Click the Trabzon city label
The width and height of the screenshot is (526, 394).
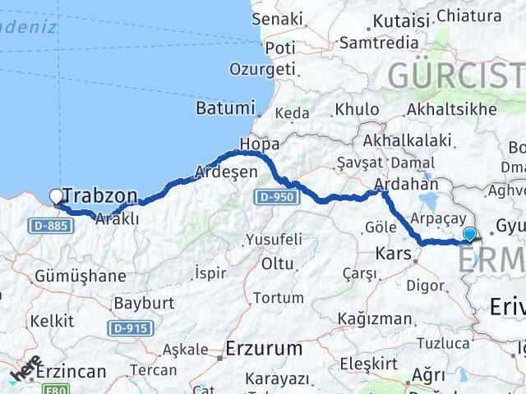100,195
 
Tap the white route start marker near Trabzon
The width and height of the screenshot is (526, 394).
57,196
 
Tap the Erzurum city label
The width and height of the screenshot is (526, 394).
264,348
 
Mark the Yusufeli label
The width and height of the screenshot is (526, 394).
273,240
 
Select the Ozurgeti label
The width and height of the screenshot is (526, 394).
262,70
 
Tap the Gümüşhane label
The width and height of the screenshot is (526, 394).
80,276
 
